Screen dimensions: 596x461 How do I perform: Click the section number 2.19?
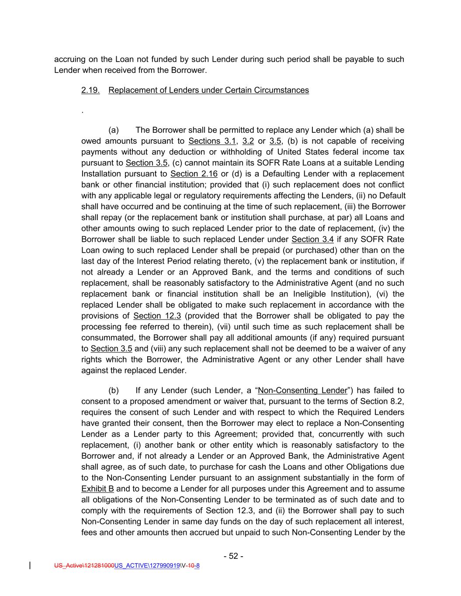(90, 90)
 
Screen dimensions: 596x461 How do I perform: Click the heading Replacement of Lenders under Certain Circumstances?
(208, 90)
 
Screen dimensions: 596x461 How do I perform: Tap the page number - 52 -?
(233, 556)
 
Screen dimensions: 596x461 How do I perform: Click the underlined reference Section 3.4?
(312, 239)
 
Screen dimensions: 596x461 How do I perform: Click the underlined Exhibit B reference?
(97, 489)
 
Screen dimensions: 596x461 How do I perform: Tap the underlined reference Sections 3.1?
(212, 141)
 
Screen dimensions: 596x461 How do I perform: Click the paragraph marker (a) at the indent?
(114, 130)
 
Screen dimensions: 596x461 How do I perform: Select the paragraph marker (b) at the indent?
(114, 390)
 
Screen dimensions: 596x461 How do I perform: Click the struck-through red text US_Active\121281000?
(84, 566)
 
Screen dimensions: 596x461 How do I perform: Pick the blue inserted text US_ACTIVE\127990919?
(147, 566)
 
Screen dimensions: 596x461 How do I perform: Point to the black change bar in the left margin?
(29, 566)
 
